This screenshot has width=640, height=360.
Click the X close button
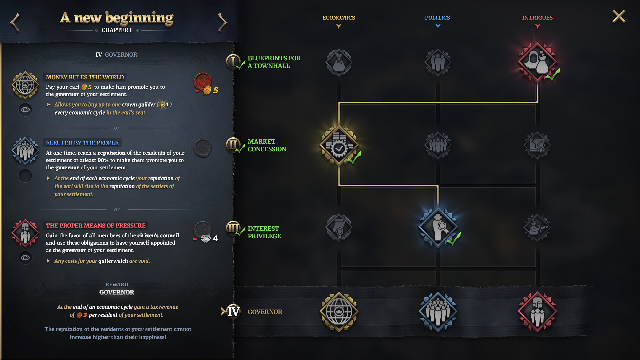tap(619, 16)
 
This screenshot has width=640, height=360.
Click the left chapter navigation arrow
tap(15, 23)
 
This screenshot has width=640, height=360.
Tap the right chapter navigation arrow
tap(222, 23)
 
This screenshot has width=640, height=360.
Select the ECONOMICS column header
tap(338, 18)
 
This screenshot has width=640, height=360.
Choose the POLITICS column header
tap(437, 18)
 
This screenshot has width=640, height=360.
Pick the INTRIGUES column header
tap(537, 18)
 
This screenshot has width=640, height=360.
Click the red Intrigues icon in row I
tap(537, 62)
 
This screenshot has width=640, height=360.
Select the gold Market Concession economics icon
tap(339, 145)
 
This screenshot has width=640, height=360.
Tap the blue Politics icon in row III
tap(438, 227)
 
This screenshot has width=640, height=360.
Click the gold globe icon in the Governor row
tap(339, 312)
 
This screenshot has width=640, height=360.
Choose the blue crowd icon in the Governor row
tap(438, 312)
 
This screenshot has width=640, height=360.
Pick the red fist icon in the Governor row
tap(537, 312)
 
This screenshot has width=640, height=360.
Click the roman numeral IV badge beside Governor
tap(233, 312)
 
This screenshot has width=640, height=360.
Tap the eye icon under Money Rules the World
tap(25, 110)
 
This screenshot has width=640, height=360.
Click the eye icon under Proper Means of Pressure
tap(25, 258)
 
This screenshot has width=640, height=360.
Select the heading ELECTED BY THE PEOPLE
tap(82, 143)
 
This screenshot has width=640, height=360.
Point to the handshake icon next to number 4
tap(206, 238)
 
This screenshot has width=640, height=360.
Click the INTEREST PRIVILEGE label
tap(264, 232)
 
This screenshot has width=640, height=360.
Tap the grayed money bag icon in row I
tap(339, 62)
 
